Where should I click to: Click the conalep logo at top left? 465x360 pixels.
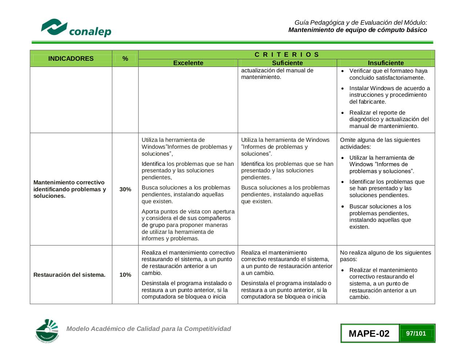76,28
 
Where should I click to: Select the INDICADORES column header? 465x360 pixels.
71,59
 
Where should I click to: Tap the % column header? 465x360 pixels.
125,59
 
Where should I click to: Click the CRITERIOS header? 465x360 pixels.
287,55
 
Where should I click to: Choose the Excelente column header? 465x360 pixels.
188,63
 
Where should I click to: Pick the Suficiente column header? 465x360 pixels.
287,63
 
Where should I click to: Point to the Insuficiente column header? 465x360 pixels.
386,63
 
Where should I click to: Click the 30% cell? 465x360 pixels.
125,189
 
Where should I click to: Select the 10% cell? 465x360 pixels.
125,275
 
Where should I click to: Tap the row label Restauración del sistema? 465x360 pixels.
69,275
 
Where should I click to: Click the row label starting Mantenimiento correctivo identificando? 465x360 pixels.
69,189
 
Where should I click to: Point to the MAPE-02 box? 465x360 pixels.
369,333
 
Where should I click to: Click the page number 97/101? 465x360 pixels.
416,333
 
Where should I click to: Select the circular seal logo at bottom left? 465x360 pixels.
47,331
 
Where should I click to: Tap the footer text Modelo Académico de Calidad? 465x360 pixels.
149,329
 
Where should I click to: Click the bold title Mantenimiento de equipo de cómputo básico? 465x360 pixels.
357,30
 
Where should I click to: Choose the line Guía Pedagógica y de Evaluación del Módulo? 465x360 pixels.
361,23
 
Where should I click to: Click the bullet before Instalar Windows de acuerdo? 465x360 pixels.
343,88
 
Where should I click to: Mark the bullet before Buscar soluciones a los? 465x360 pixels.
343,207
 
